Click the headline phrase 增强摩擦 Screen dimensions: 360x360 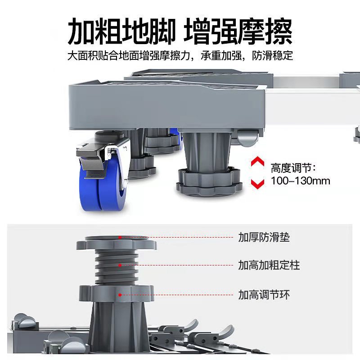(239, 31)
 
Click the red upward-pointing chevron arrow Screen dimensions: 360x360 (257, 162)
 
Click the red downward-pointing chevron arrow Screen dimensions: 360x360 (257, 183)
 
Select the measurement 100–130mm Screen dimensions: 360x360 (301, 181)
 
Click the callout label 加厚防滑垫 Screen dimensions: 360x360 (264, 238)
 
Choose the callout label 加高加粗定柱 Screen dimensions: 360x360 (269, 265)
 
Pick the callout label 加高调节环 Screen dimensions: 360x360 (264, 295)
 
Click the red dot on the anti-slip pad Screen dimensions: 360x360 (120, 237)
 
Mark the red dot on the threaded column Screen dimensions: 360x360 (120, 265)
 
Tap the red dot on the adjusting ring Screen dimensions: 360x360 (120, 295)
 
